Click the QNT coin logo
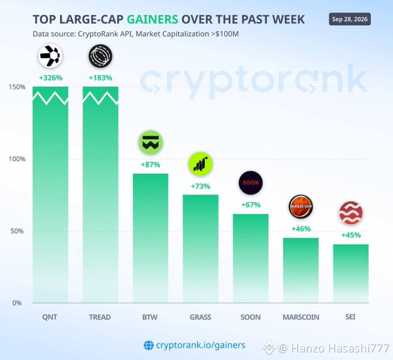(50, 56)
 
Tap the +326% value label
(51, 78)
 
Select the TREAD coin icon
(100, 56)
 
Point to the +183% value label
(100, 78)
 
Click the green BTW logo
(150, 143)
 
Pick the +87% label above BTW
(150, 164)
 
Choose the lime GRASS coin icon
(201, 164)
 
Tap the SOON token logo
(251, 183)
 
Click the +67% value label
(251, 205)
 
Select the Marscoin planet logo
(301, 207)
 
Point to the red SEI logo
(351, 213)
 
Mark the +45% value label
(351, 235)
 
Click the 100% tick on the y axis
(17, 159)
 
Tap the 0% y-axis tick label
(17, 303)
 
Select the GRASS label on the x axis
(201, 317)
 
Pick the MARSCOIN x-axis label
(301, 317)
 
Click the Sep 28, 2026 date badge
(350, 19)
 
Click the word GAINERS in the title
(152, 19)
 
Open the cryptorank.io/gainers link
(201, 345)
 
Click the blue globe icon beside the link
(148, 345)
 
